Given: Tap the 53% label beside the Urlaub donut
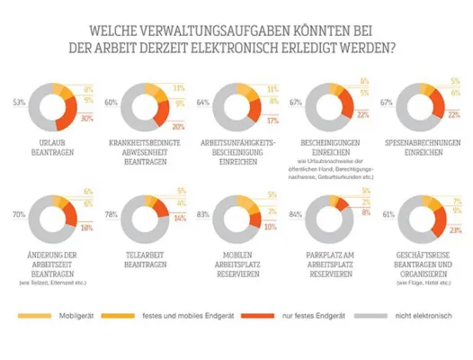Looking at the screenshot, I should pos(18,103).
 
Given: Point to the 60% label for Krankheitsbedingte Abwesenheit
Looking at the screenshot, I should pos(111,103).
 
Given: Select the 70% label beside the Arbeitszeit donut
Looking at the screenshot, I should pos(18,216).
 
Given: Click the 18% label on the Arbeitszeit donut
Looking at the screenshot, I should pos(88,229).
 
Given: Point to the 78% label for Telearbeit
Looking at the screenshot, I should pos(111,216).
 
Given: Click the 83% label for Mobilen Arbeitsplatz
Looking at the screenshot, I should pos(202,216).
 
